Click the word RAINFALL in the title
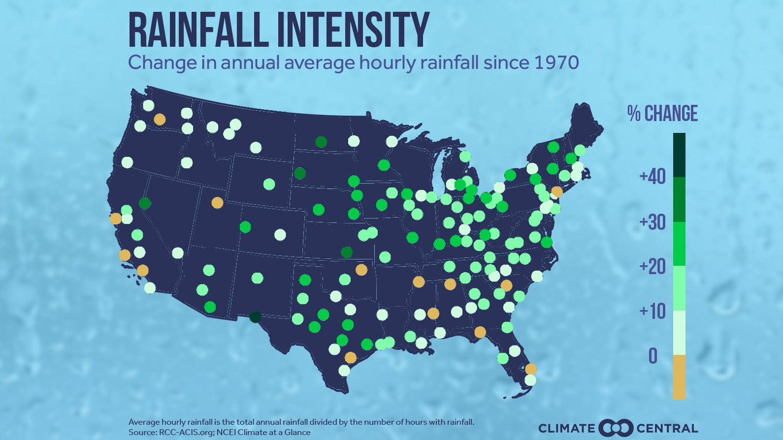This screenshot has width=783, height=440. tap(199, 31)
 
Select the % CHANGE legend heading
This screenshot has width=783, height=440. tap(662, 114)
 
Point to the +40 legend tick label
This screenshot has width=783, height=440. tap(652, 176)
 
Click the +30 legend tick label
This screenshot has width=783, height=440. tap(652, 222)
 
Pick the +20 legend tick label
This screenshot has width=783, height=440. tap(652, 267)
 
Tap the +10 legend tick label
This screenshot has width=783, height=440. tap(652, 311)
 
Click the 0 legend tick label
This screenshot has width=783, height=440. tap(653, 356)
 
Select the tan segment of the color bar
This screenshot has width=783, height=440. tap(679, 377)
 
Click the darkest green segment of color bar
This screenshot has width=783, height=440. tap(679, 155)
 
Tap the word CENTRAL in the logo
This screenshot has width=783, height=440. tap(667, 428)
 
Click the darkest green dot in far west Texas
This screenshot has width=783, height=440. tap(255, 316)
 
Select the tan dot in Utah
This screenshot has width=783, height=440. tap(217, 202)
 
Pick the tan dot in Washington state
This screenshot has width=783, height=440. tap(160, 119)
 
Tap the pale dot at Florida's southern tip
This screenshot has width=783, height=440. tap(530, 380)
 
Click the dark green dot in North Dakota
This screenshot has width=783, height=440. tap(321, 142)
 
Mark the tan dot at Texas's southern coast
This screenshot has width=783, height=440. tap(351, 357)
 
